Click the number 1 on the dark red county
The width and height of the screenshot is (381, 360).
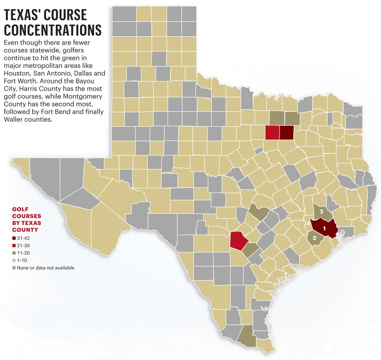[324, 227]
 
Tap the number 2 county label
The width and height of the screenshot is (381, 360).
[321, 211]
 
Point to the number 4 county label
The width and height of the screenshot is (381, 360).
[308, 224]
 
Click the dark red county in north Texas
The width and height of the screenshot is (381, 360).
[286, 132]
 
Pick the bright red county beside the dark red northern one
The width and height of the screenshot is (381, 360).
[272, 132]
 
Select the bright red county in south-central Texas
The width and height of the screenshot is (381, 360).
[238, 240]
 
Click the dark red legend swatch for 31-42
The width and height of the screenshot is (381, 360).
[14, 238]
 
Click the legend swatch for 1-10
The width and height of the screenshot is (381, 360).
[14, 260]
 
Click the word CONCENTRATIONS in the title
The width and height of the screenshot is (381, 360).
[52, 30]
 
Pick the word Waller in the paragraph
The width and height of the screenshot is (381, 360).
[13, 120]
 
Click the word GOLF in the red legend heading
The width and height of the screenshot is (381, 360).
[21, 209]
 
